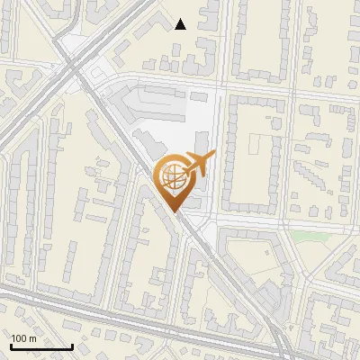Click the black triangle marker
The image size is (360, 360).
click(x=181, y=24)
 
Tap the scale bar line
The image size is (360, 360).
click(x=41, y=346)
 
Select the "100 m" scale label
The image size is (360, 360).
click(x=24, y=338)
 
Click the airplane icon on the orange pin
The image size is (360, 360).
click(x=200, y=163)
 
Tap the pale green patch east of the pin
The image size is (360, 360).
click(x=309, y=237)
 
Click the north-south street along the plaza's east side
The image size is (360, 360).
click(x=219, y=153)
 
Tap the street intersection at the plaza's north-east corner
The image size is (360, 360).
click(x=220, y=86)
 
